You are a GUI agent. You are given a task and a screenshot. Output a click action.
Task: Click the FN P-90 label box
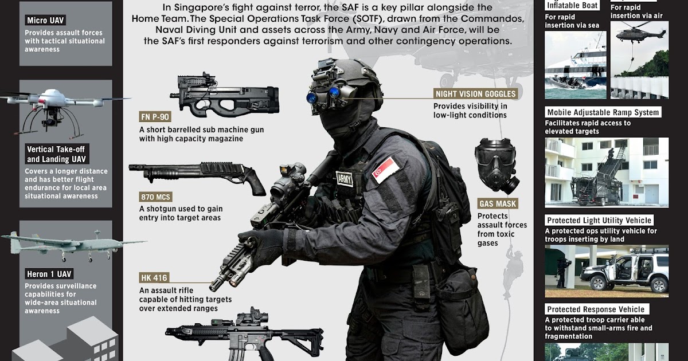pyautogui.click(x=155, y=117)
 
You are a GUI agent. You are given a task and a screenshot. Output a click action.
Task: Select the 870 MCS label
pyautogui.click(x=155, y=197)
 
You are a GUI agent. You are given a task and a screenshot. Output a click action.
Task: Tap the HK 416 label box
pyautogui.click(x=154, y=278)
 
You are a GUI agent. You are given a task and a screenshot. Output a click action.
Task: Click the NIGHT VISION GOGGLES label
pyautogui.click(x=475, y=94)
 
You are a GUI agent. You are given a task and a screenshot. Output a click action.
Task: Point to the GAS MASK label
pyautogui.click(x=498, y=203)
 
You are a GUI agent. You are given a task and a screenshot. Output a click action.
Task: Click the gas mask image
pyautogui.click(x=495, y=167)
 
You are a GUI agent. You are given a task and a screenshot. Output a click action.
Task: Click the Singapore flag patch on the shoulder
pyautogui.click(x=385, y=170)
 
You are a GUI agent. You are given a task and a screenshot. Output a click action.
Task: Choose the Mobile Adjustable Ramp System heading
pyautogui.click(x=603, y=112)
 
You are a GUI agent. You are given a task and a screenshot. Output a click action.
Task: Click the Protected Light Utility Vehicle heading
pyautogui.click(x=599, y=221)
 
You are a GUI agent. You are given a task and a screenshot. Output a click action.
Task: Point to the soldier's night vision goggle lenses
pyautogui.click(x=319, y=96)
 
